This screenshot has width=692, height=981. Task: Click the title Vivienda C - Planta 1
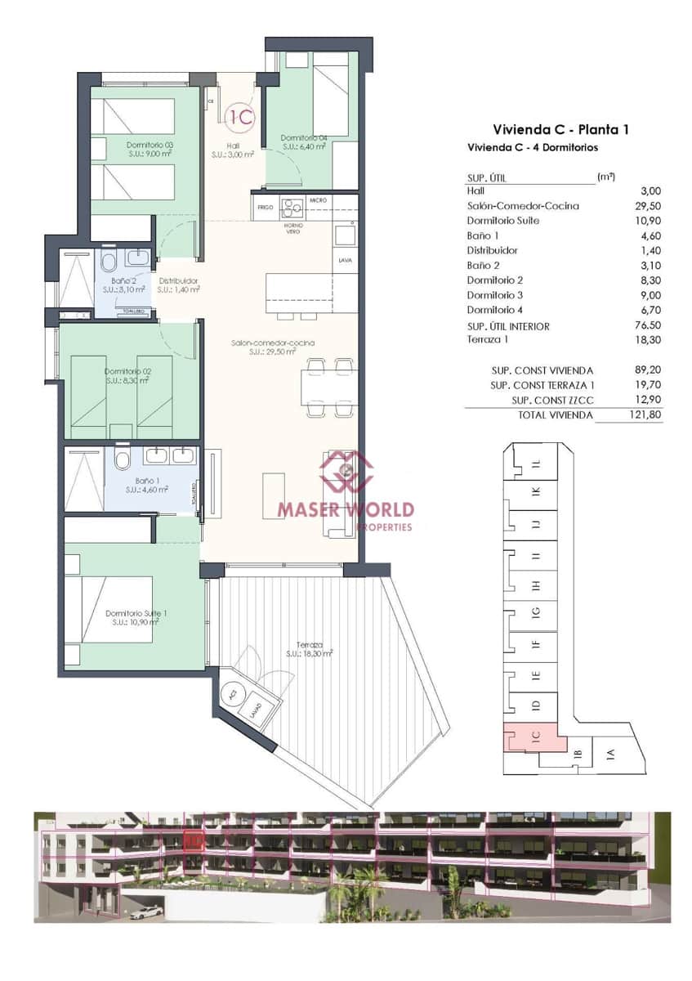(560, 129)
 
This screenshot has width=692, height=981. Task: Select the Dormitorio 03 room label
(150, 145)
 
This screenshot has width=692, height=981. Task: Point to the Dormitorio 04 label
(304, 137)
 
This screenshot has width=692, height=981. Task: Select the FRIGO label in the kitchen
(265, 208)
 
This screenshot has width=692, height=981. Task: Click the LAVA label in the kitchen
(346, 261)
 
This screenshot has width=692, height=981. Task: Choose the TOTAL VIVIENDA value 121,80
(645, 415)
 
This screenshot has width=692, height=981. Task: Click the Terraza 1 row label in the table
(489, 339)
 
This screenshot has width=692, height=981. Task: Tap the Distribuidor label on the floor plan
(179, 280)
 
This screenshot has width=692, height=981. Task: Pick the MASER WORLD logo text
(346, 510)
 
